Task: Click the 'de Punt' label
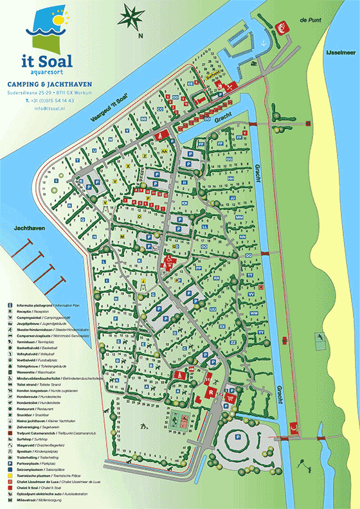tap(310, 21)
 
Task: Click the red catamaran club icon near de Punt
tap(280, 28)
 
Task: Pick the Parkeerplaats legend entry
tap(42, 463)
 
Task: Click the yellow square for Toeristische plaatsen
tap(11, 476)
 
